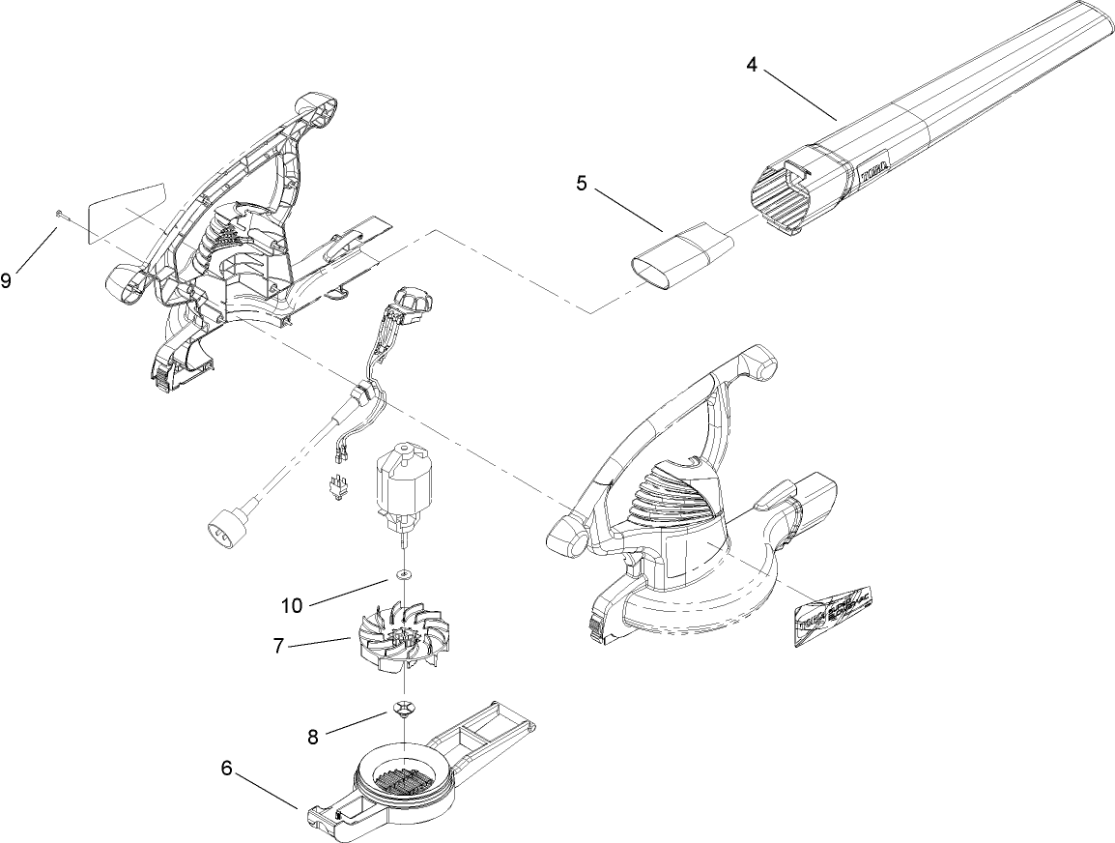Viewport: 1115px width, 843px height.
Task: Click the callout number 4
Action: (x=752, y=65)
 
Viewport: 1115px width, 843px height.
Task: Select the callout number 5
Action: (x=581, y=184)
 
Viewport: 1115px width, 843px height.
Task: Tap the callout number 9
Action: (x=8, y=281)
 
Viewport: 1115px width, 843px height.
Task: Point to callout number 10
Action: (x=292, y=605)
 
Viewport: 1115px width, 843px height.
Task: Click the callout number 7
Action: (x=278, y=646)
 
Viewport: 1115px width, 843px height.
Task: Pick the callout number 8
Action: (x=312, y=737)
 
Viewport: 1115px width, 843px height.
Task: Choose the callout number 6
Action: (x=226, y=769)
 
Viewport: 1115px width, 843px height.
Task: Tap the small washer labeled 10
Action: (x=402, y=576)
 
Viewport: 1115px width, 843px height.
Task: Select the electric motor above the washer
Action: (x=403, y=488)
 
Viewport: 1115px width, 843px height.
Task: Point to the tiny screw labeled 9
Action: (x=60, y=215)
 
